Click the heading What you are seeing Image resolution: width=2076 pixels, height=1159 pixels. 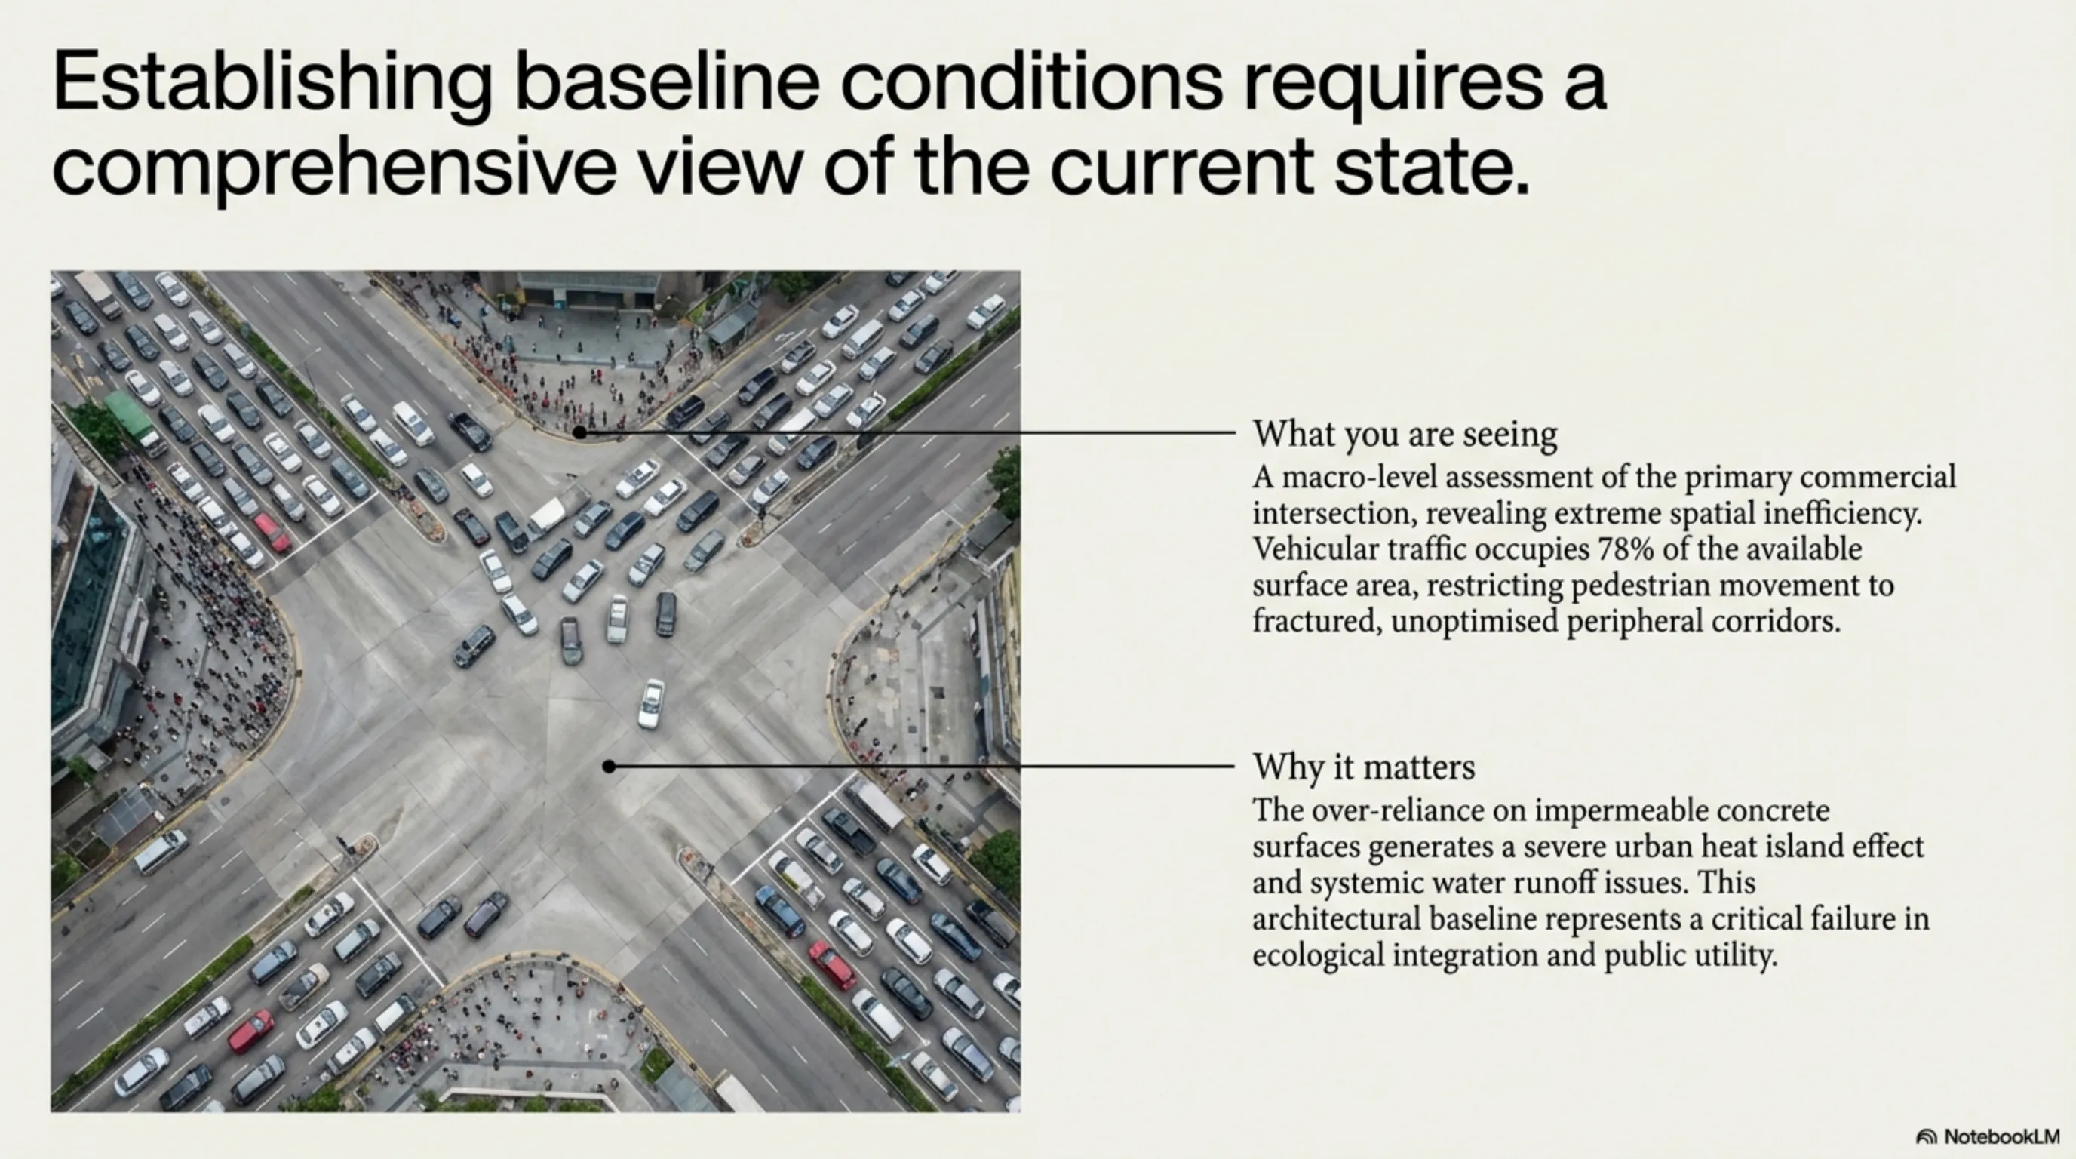click(1405, 434)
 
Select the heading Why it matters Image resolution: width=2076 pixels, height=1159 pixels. click(1364, 767)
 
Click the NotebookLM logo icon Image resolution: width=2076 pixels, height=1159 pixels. click(1926, 1136)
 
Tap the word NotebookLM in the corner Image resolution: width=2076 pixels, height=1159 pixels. click(2002, 1136)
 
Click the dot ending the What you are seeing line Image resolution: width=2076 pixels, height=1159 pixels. click(579, 433)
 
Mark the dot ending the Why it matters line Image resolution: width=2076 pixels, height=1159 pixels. click(610, 767)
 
